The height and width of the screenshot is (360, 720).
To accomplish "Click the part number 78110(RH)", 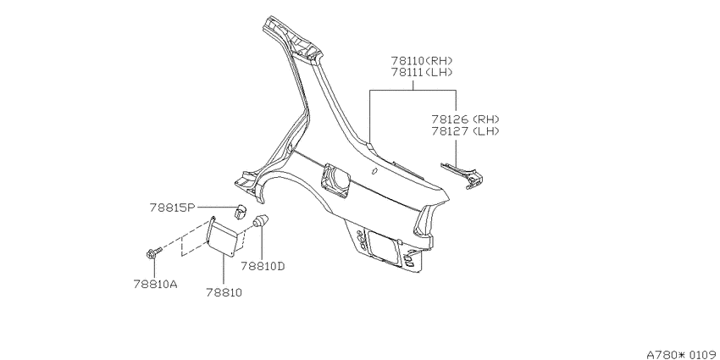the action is point(422,61).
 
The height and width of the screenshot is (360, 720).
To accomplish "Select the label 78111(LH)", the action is point(422,73).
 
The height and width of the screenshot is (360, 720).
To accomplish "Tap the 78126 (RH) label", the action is point(465,119).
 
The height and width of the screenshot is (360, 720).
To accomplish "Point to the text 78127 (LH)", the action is point(465,130).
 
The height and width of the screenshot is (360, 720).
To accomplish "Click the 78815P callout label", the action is point(172,208).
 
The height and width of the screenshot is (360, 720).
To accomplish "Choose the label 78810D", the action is point(263,266).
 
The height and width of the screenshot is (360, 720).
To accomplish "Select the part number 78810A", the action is point(156,285).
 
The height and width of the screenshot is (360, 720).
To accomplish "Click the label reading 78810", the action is point(224,292).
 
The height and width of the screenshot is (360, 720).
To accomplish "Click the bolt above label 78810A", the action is point(153,252).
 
